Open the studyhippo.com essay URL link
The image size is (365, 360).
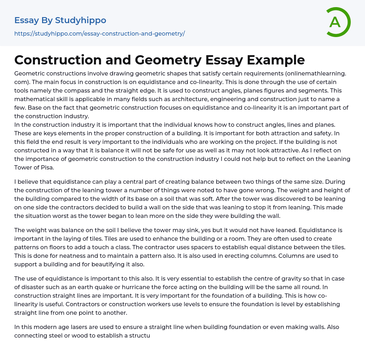click(99, 34)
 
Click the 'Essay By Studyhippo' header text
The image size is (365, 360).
click(60, 20)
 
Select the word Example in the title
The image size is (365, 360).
click(276, 60)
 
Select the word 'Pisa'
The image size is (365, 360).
click(48, 167)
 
